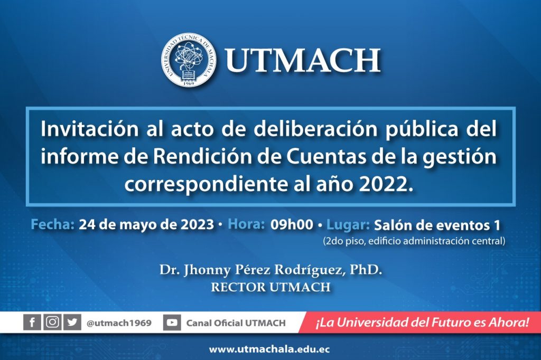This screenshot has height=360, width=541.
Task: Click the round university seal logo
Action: tap(189, 60)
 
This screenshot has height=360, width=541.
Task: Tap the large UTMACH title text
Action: tap(303, 60)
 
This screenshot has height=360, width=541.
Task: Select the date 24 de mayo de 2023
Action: tap(147, 225)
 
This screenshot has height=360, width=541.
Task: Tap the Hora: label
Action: tap(246, 224)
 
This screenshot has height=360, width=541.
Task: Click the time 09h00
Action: tap(292, 225)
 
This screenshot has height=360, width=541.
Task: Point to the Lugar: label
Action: tap(348, 225)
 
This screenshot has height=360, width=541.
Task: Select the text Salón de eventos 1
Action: tap(437, 225)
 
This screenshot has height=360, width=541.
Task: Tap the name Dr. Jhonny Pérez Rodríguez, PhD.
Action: tap(270, 270)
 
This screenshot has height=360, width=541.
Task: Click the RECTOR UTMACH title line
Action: tap(270, 287)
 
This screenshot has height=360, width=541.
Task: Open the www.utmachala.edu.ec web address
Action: tap(270, 349)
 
